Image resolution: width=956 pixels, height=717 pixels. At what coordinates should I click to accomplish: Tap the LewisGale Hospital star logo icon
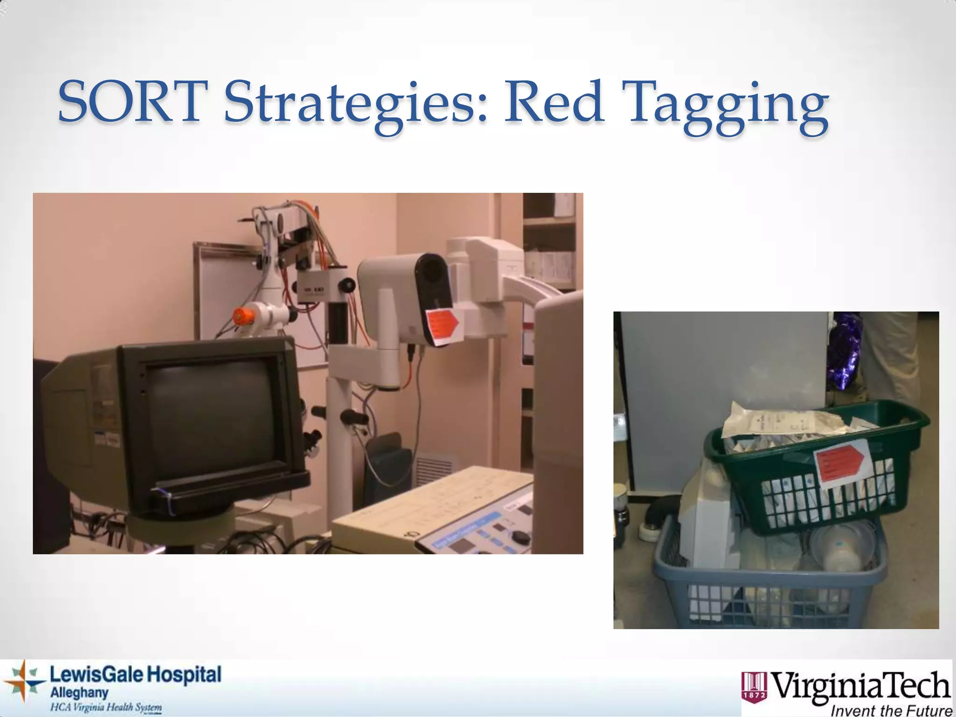click(x=23, y=684)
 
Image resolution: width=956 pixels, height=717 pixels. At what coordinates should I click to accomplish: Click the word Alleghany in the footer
click(x=79, y=693)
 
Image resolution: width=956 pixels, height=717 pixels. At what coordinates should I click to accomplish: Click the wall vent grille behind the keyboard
click(x=434, y=467)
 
